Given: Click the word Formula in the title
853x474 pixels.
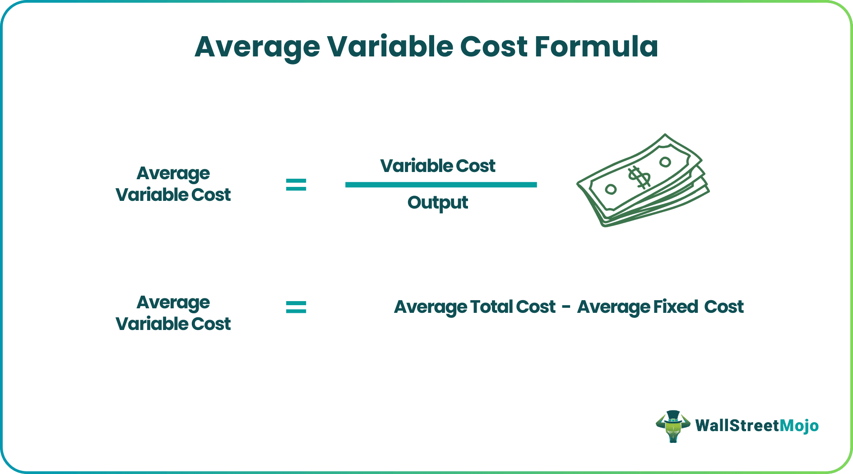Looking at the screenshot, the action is [596, 46].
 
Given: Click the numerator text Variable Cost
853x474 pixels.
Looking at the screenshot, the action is [438, 166].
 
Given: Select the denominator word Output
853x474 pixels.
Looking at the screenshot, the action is [438, 203].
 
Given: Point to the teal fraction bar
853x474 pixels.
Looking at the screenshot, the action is [441, 185].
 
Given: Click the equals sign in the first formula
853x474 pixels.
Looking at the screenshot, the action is [296, 184].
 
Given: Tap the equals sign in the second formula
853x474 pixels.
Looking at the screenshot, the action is [296, 307].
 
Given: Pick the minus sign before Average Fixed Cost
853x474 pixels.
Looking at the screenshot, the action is [566, 307].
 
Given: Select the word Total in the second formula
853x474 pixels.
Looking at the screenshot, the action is [491, 307].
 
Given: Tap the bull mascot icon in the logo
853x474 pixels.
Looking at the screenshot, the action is [673, 426].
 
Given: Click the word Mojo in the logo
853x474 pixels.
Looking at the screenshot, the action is [799, 426].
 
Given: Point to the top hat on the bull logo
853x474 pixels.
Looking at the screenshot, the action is [673, 415].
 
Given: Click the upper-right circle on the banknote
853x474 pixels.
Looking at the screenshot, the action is [665, 162].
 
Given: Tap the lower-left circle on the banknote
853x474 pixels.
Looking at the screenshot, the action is [611, 189].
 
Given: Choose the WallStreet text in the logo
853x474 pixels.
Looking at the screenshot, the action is [737, 426].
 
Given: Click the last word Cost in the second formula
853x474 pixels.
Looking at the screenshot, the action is [724, 307].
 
